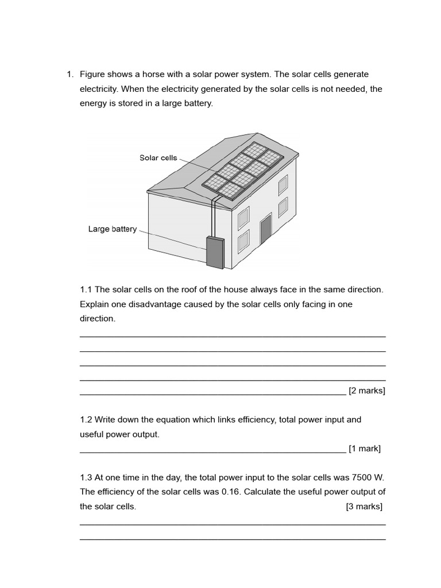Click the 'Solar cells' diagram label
coord(158,158)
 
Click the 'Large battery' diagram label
coord(113,229)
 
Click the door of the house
coord(265,230)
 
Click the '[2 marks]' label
coord(366,391)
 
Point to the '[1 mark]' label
coord(365,448)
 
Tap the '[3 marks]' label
coord(364,506)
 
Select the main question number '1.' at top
coord(70,75)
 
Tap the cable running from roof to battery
coord(214,218)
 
